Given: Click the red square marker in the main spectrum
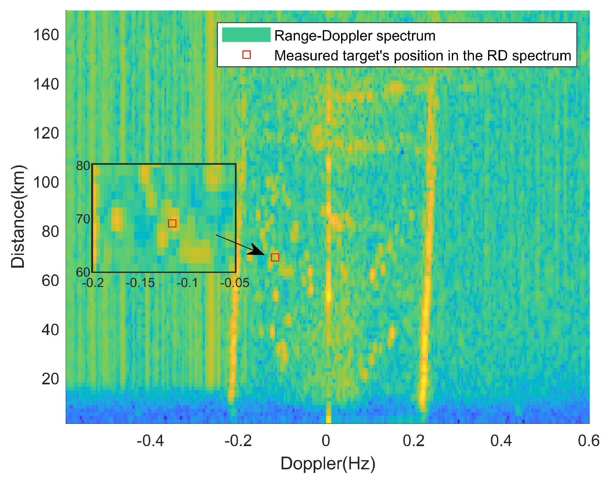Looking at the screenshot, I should pos(275,257).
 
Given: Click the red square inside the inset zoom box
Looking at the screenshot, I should pos(172,223).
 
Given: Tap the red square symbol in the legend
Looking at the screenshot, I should pos(246,55).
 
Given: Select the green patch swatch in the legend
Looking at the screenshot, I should pos(246,35).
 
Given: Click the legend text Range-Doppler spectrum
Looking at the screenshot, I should pos(354,36).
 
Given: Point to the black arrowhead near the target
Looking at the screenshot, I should pos(256,250).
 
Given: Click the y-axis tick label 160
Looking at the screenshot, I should pos(46,35).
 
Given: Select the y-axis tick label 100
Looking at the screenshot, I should pos(46,182).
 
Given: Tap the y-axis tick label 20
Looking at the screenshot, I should pos(50,379).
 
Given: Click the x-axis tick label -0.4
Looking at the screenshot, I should pos(150,441).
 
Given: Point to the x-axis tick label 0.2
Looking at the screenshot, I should pos(413,441).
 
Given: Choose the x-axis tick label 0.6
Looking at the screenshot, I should pos(588,441).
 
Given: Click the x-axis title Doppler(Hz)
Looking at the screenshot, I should pos(328,464).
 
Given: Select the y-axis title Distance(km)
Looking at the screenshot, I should pos(18,216).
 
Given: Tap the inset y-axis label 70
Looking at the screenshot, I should pos(83,219).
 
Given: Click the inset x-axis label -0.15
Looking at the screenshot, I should pos(140,283).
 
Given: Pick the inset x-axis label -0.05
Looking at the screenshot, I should pos(235,283).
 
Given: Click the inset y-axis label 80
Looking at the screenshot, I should pos(83,166).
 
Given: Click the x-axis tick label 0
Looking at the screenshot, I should pos(326,441).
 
